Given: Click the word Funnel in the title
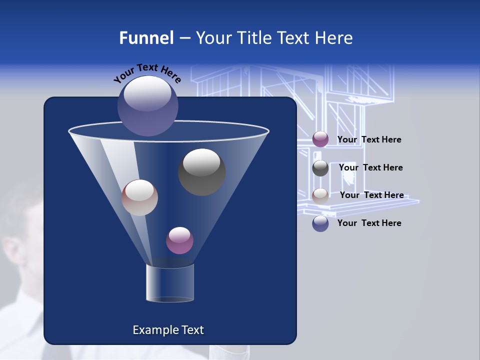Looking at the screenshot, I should click(x=146, y=38).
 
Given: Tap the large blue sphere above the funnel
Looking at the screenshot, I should click(x=148, y=105).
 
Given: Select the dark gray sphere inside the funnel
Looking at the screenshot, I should click(x=201, y=171).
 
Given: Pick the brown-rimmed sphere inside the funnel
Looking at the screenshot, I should click(x=139, y=197).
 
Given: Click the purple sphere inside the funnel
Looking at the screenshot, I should click(x=179, y=240).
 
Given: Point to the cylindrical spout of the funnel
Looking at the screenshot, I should click(x=170, y=283).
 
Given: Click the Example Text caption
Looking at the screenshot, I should click(x=168, y=330).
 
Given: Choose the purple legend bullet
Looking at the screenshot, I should click(x=320, y=139).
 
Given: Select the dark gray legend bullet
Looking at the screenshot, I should click(x=320, y=168).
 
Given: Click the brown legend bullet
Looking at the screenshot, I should click(x=320, y=195).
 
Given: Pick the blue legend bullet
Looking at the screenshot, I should click(x=320, y=223).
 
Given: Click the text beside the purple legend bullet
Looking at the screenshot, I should click(x=369, y=139).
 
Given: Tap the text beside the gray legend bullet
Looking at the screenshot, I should click(x=370, y=167).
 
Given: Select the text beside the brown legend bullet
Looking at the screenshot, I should click(x=371, y=195).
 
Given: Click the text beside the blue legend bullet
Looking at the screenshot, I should click(x=369, y=223).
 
